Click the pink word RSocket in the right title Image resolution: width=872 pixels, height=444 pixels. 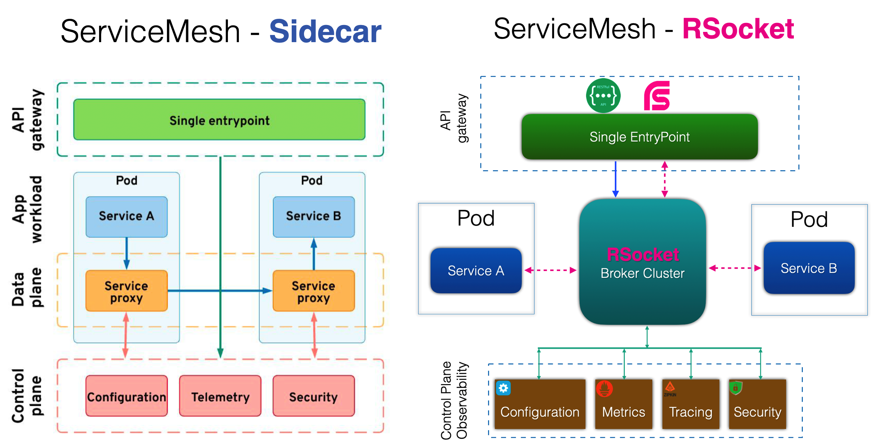(738, 29)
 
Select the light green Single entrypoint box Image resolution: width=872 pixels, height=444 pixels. (219, 120)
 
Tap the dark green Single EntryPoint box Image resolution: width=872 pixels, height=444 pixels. (639, 137)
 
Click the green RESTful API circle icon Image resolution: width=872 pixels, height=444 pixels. (603, 96)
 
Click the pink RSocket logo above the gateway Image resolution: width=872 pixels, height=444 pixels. (657, 96)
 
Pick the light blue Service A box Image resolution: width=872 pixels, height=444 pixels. (126, 217)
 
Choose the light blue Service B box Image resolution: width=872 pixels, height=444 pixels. (314, 217)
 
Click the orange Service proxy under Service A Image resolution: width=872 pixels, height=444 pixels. (126, 291)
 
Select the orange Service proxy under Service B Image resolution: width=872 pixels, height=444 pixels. (314, 291)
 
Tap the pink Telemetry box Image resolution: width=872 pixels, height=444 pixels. (220, 396)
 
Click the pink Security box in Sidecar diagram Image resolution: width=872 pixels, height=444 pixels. (314, 396)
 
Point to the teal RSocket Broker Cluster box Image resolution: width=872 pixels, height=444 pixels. (642, 262)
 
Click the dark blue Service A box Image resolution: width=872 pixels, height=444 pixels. (476, 271)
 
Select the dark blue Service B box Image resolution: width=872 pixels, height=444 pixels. (809, 268)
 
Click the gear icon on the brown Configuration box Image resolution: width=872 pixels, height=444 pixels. (503, 388)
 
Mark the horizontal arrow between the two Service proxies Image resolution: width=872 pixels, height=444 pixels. (219, 291)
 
